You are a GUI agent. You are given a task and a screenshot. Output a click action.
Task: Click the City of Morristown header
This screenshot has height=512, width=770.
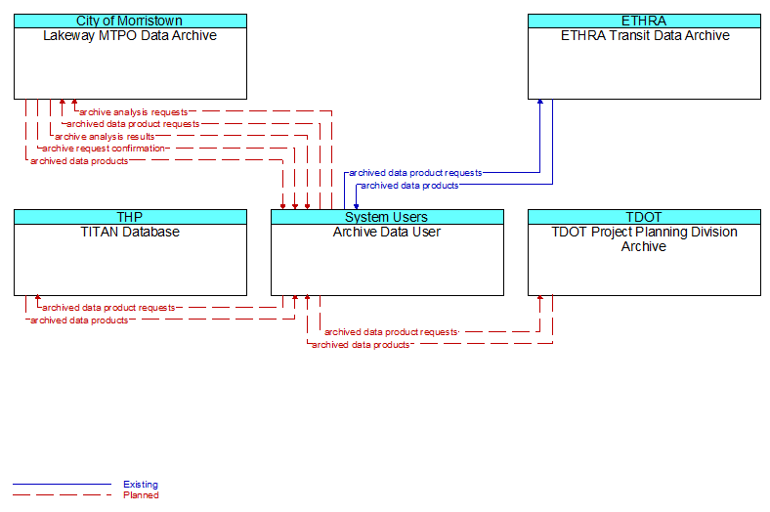tap(130, 21)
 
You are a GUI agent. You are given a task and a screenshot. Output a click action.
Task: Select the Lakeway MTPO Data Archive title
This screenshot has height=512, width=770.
tap(130, 35)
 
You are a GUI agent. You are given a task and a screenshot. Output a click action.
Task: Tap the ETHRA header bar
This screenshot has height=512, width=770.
tap(644, 21)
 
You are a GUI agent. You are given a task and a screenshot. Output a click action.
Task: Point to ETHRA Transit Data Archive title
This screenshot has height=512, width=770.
tap(645, 35)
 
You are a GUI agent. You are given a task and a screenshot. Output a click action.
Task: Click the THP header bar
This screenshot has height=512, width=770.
tap(130, 217)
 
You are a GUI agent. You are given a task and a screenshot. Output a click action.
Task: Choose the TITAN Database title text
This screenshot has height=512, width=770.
tap(130, 232)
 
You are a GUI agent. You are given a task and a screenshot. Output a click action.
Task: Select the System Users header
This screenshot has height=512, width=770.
tap(387, 217)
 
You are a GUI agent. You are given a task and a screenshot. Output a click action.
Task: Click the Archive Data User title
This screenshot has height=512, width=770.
tap(387, 232)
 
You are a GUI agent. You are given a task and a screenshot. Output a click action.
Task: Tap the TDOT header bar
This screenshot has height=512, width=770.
tap(644, 217)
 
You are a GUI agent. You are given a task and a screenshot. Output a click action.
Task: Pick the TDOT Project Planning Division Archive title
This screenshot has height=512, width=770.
tap(644, 239)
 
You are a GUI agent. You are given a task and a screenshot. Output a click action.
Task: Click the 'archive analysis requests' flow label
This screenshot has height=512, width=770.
tap(134, 112)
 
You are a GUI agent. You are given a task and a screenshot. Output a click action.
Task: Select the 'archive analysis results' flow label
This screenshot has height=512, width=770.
tap(105, 137)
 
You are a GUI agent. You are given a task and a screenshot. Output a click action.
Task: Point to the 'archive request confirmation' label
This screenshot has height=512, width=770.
tap(104, 149)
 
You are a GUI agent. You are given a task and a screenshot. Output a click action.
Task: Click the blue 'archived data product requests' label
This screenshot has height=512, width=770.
tap(415, 173)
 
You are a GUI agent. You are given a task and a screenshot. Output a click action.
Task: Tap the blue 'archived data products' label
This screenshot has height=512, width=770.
tap(409, 186)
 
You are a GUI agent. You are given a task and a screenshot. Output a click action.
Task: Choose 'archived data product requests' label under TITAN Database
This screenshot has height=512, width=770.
tap(108, 308)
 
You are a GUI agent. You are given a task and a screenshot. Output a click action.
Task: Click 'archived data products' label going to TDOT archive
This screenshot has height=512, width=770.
tap(361, 345)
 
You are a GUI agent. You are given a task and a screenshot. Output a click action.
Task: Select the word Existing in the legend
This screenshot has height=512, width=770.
tap(141, 485)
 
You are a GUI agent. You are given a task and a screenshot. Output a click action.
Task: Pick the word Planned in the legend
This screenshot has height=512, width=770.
tap(141, 495)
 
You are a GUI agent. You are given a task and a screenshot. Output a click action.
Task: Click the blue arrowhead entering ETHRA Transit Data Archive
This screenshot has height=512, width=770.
tap(540, 102)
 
